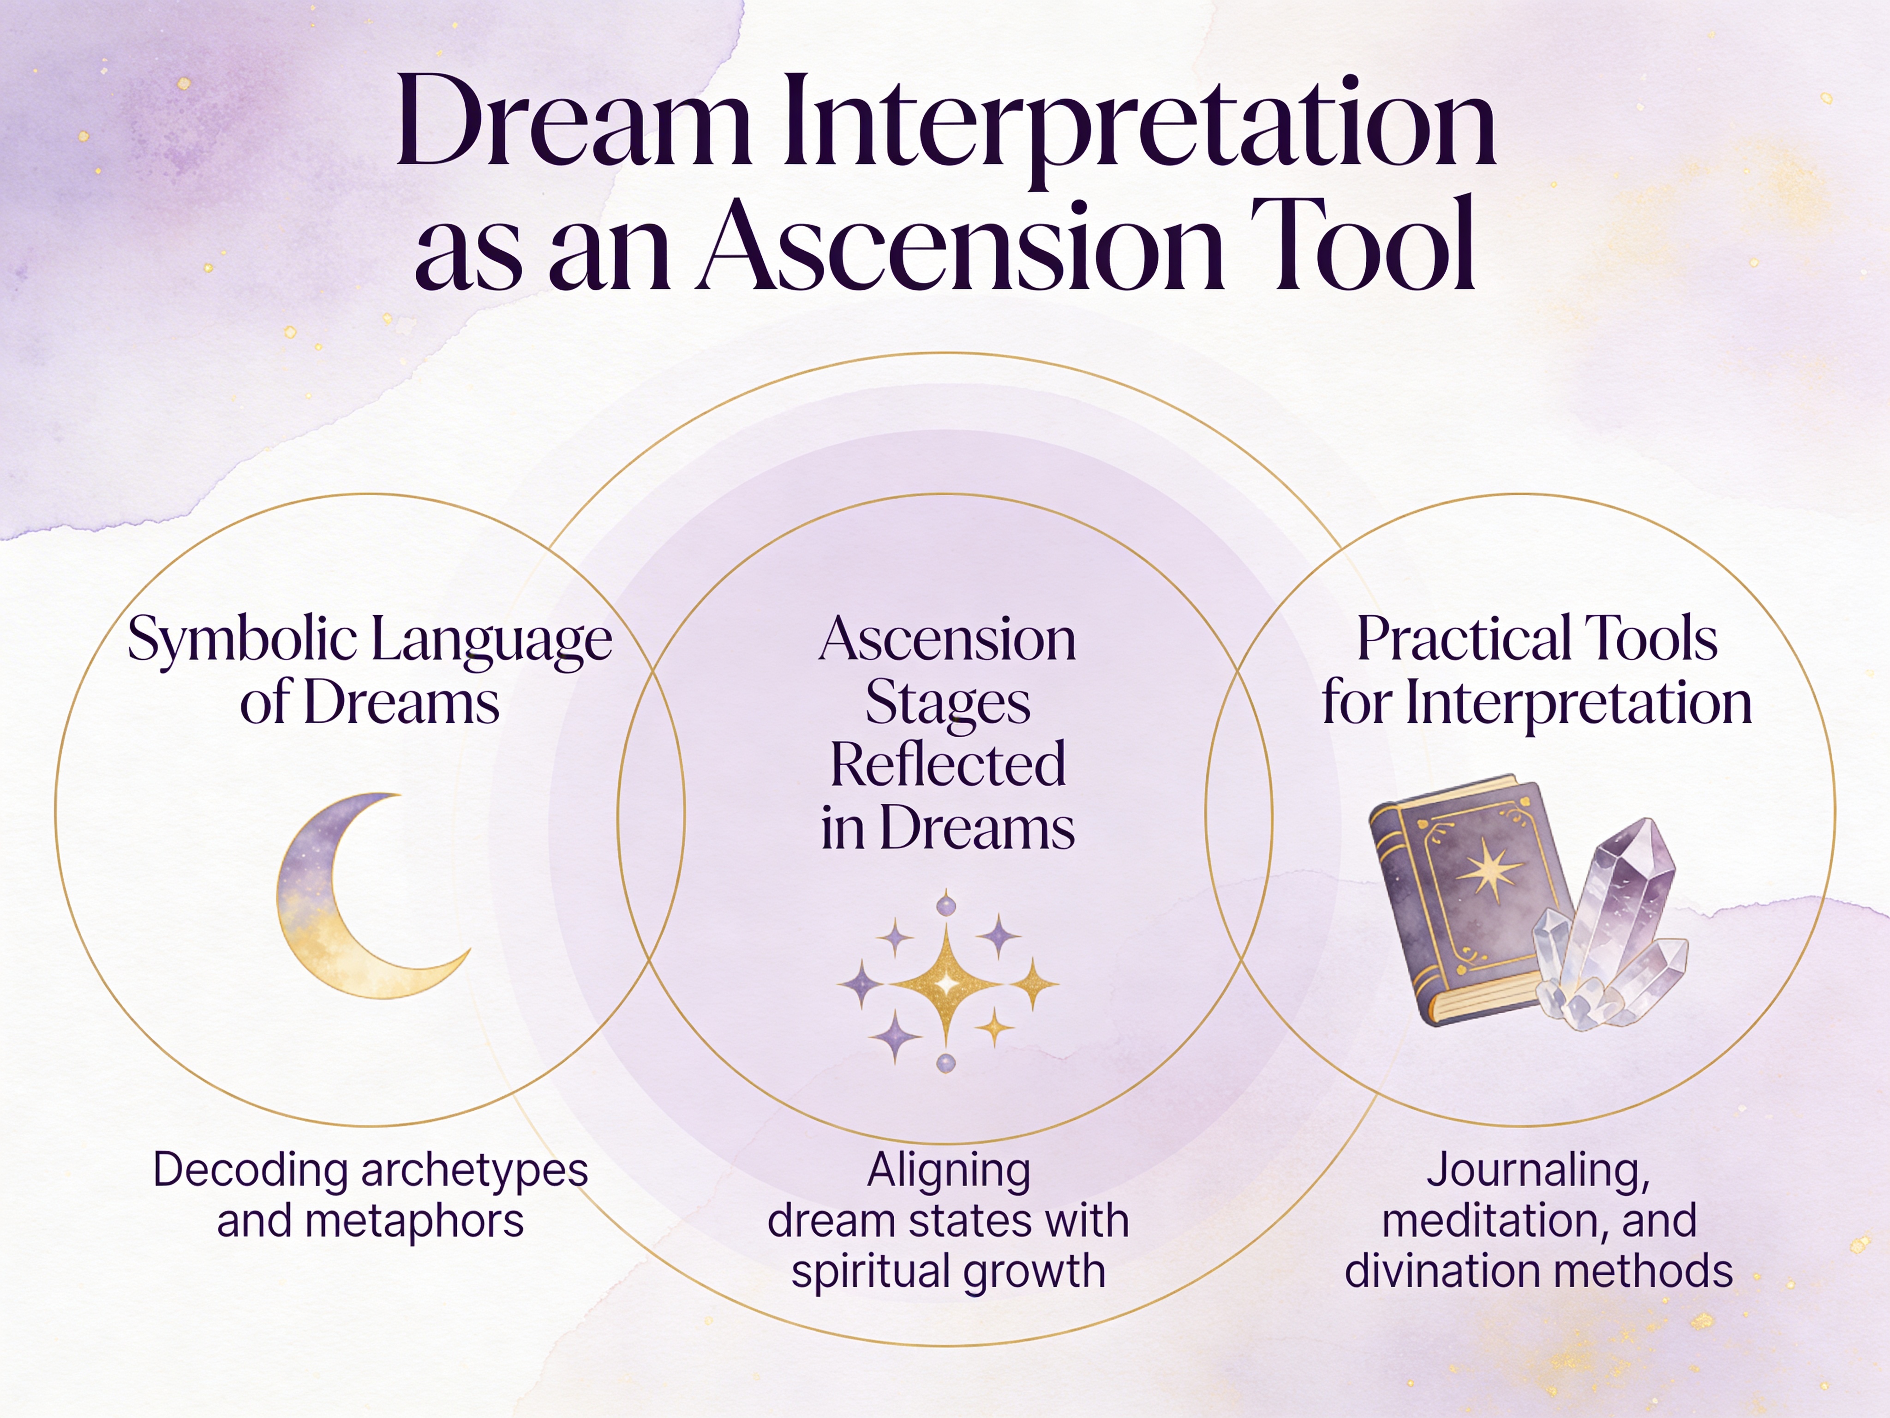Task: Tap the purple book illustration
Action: [x=1470, y=897]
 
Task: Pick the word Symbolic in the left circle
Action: [x=242, y=641]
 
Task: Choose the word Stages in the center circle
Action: [x=947, y=703]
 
